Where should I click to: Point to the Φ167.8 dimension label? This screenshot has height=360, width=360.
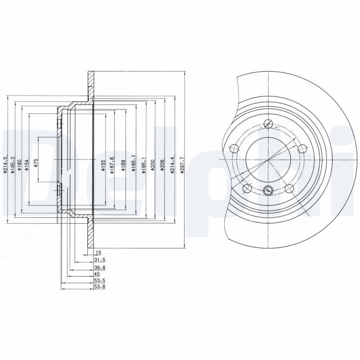tap(112, 164)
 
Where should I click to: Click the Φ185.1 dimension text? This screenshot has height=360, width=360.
tap(133, 165)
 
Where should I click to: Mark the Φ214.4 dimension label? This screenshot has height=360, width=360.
tap(172, 165)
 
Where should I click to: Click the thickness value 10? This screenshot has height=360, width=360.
tap(99, 253)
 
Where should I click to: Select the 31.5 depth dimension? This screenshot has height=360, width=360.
tap(100, 260)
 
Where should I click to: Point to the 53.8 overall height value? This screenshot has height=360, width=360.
tap(100, 287)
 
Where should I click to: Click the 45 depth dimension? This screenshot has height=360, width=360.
tap(97, 273)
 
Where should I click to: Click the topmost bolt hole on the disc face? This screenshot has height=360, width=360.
tap(269, 124)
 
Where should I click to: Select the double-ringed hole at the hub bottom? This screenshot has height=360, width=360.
tap(268, 190)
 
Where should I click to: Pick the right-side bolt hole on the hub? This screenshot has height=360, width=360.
tap(302, 147)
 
